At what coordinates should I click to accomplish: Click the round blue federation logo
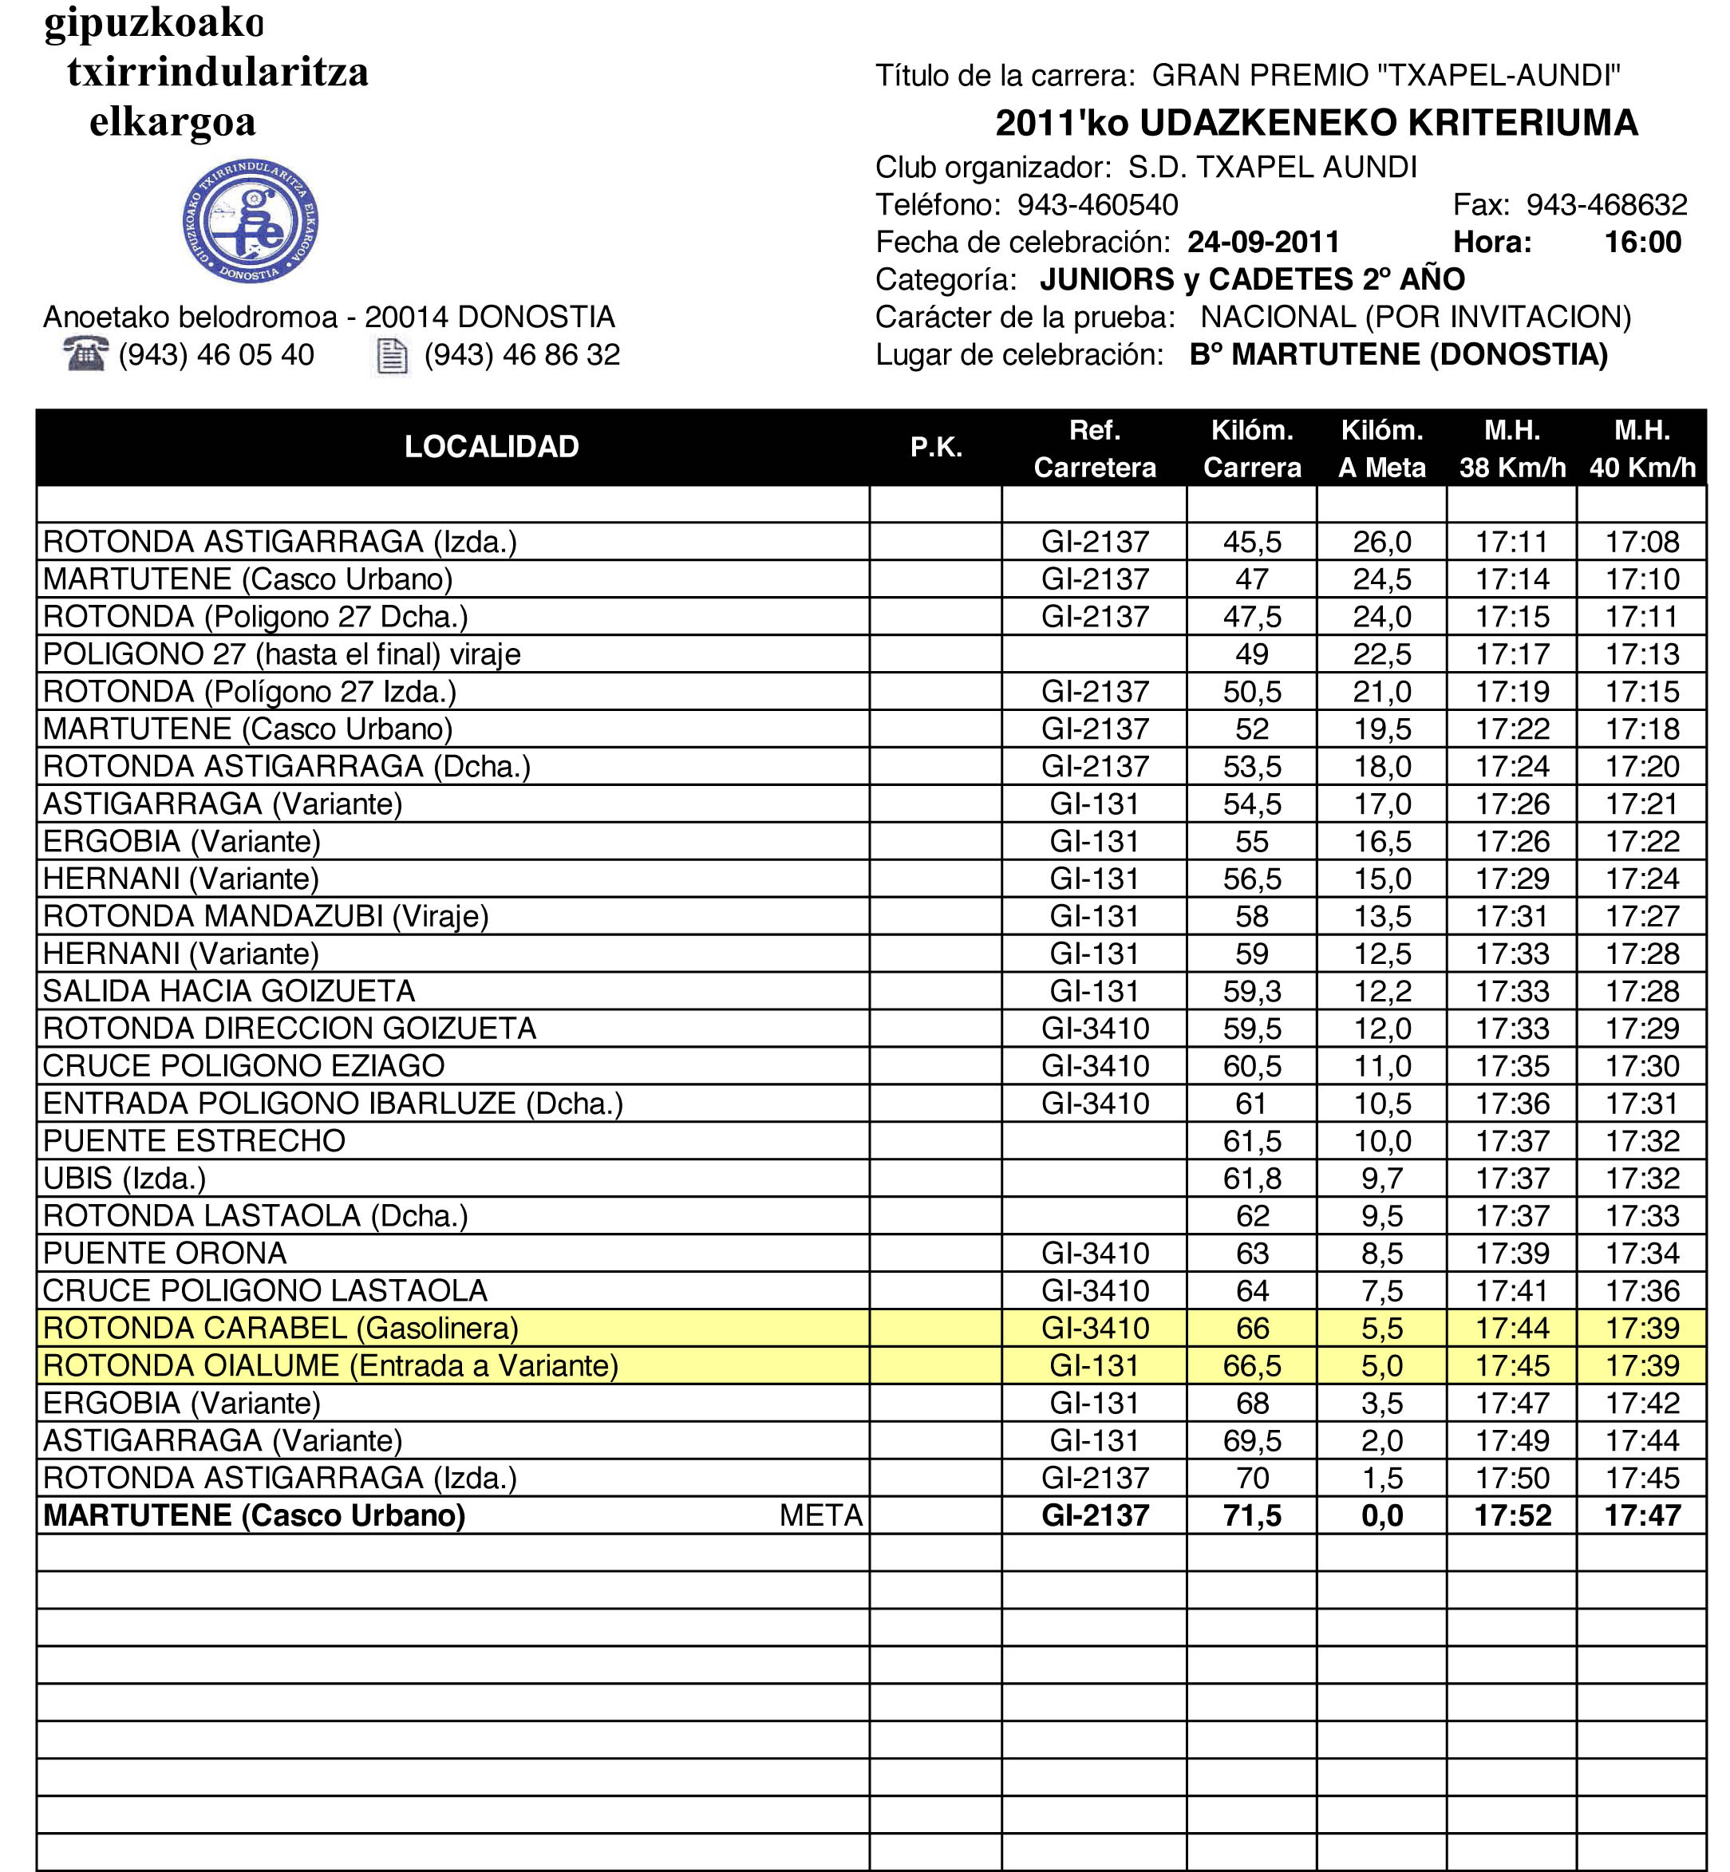pyautogui.click(x=250, y=221)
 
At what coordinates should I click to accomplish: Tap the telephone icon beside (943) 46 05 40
pyautogui.click(x=85, y=355)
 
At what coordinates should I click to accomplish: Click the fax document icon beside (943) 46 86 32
pyautogui.click(x=391, y=356)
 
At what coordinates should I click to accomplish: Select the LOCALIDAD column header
pyautogui.click(x=492, y=448)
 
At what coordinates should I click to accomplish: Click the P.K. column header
pyautogui.click(x=936, y=448)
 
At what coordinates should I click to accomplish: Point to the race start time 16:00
pyautogui.click(x=1642, y=243)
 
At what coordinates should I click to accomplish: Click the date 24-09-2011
pyautogui.click(x=1263, y=243)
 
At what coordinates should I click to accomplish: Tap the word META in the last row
pyautogui.click(x=820, y=1515)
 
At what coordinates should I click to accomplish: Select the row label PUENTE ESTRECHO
pyautogui.click(x=195, y=1141)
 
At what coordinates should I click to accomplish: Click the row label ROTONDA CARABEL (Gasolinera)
pyautogui.click(x=281, y=1328)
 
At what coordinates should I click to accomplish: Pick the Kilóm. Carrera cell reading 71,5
pyautogui.click(x=1252, y=1515)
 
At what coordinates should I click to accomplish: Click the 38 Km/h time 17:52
pyautogui.click(x=1512, y=1515)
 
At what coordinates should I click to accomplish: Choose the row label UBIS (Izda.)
pyautogui.click(x=124, y=1179)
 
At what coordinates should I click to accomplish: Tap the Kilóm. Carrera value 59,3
pyautogui.click(x=1252, y=991)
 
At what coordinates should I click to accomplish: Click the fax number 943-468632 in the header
pyautogui.click(x=1606, y=205)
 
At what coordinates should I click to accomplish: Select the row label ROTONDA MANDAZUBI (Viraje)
pyautogui.click(x=266, y=916)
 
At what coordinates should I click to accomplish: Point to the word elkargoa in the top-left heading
pyautogui.click(x=172, y=121)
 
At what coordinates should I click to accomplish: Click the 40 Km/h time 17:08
pyautogui.click(x=1642, y=542)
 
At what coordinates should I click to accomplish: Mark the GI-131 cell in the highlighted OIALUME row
pyautogui.click(x=1094, y=1365)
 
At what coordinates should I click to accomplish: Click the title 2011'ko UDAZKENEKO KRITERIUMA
pyautogui.click(x=1316, y=123)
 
